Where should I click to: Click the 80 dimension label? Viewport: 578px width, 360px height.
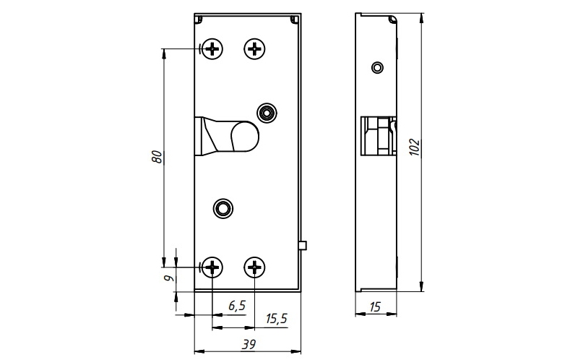tap(157, 157)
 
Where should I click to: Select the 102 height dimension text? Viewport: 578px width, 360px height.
tap(415, 147)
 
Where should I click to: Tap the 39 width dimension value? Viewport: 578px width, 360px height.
tap(249, 345)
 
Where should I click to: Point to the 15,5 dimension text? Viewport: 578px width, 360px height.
tap(277, 319)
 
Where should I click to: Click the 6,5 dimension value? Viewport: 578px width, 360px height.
tap(236, 305)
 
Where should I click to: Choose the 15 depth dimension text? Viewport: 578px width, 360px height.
tap(374, 307)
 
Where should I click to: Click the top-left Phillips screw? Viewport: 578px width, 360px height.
tap(212, 48)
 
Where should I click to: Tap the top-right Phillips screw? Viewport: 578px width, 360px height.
tap(255, 48)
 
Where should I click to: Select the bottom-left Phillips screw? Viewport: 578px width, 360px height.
tap(212, 266)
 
